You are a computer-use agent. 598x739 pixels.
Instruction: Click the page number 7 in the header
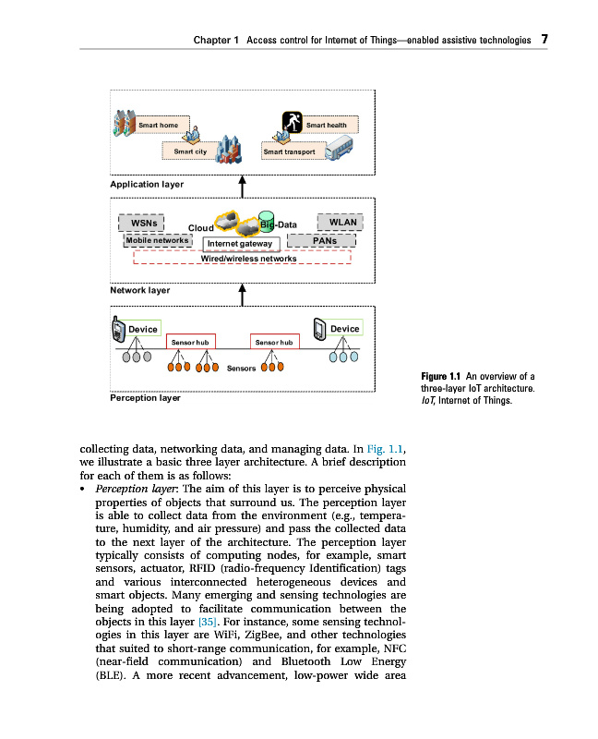[x=544, y=40]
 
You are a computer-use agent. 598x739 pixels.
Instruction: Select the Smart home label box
[x=158, y=125]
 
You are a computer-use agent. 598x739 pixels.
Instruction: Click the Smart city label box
[x=189, y=151]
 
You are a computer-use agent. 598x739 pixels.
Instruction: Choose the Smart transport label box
[x=289, y=151]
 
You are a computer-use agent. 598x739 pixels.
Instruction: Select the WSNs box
[x=141, y=223]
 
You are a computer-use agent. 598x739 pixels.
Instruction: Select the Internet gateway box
[x=240, y=244]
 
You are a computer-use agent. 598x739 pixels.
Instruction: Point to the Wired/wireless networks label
[x=248, y=259]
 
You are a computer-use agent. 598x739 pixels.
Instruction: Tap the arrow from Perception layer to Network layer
[x=242, y=294]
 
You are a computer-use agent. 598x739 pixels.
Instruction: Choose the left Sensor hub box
[x=191, y=342]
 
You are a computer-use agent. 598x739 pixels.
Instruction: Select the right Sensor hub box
[x=275, y=342]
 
